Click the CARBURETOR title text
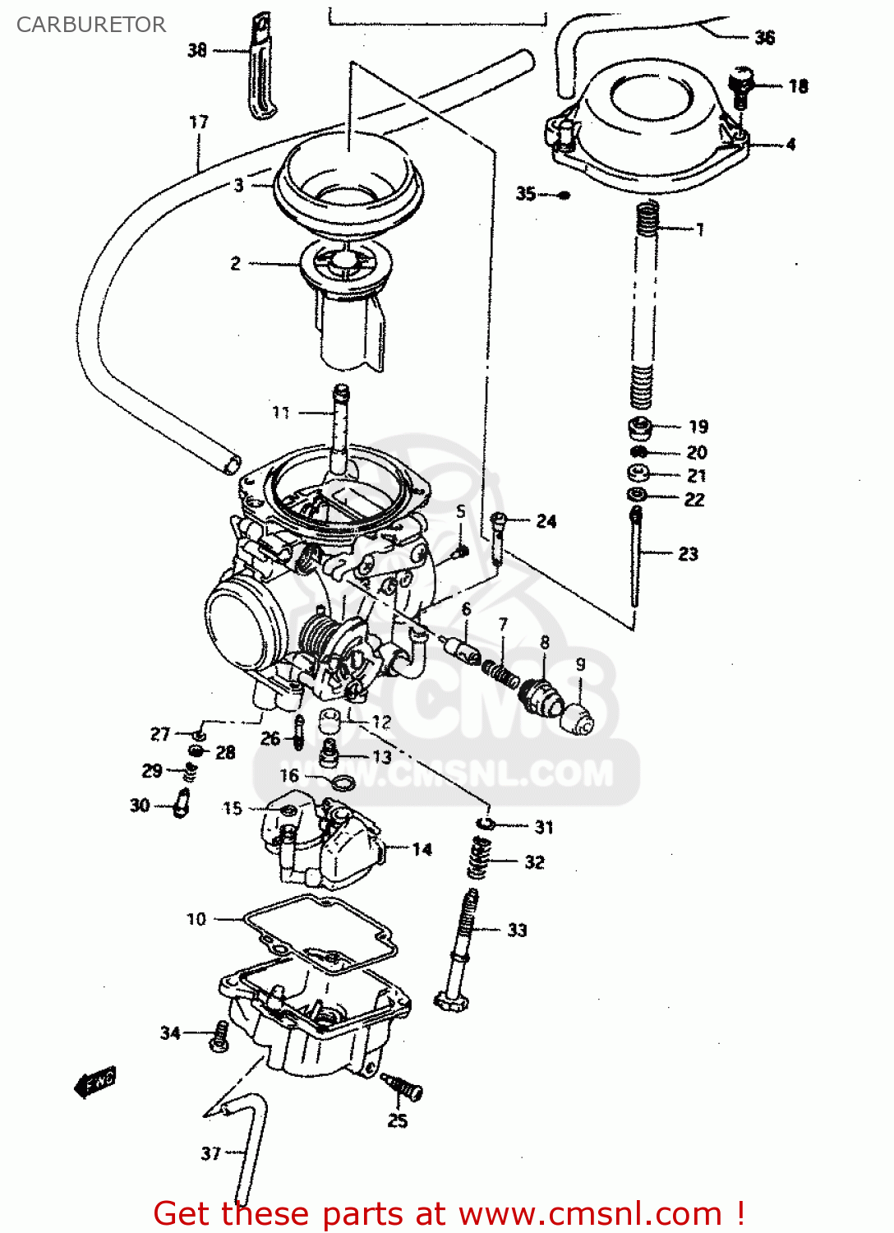[x=90, y=25]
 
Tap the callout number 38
[x=197, y=50]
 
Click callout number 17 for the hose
[x=199, y=122]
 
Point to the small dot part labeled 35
[x=564, y=195]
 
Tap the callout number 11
[x=281, y=413]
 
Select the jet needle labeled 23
[x=635, y=559]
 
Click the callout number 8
[x=544, y=642]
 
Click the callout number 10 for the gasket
[x=196, y=919]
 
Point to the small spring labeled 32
[x=480, y=859]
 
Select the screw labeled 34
[x=219, y=1035]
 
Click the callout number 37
[x=211, y=1153]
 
